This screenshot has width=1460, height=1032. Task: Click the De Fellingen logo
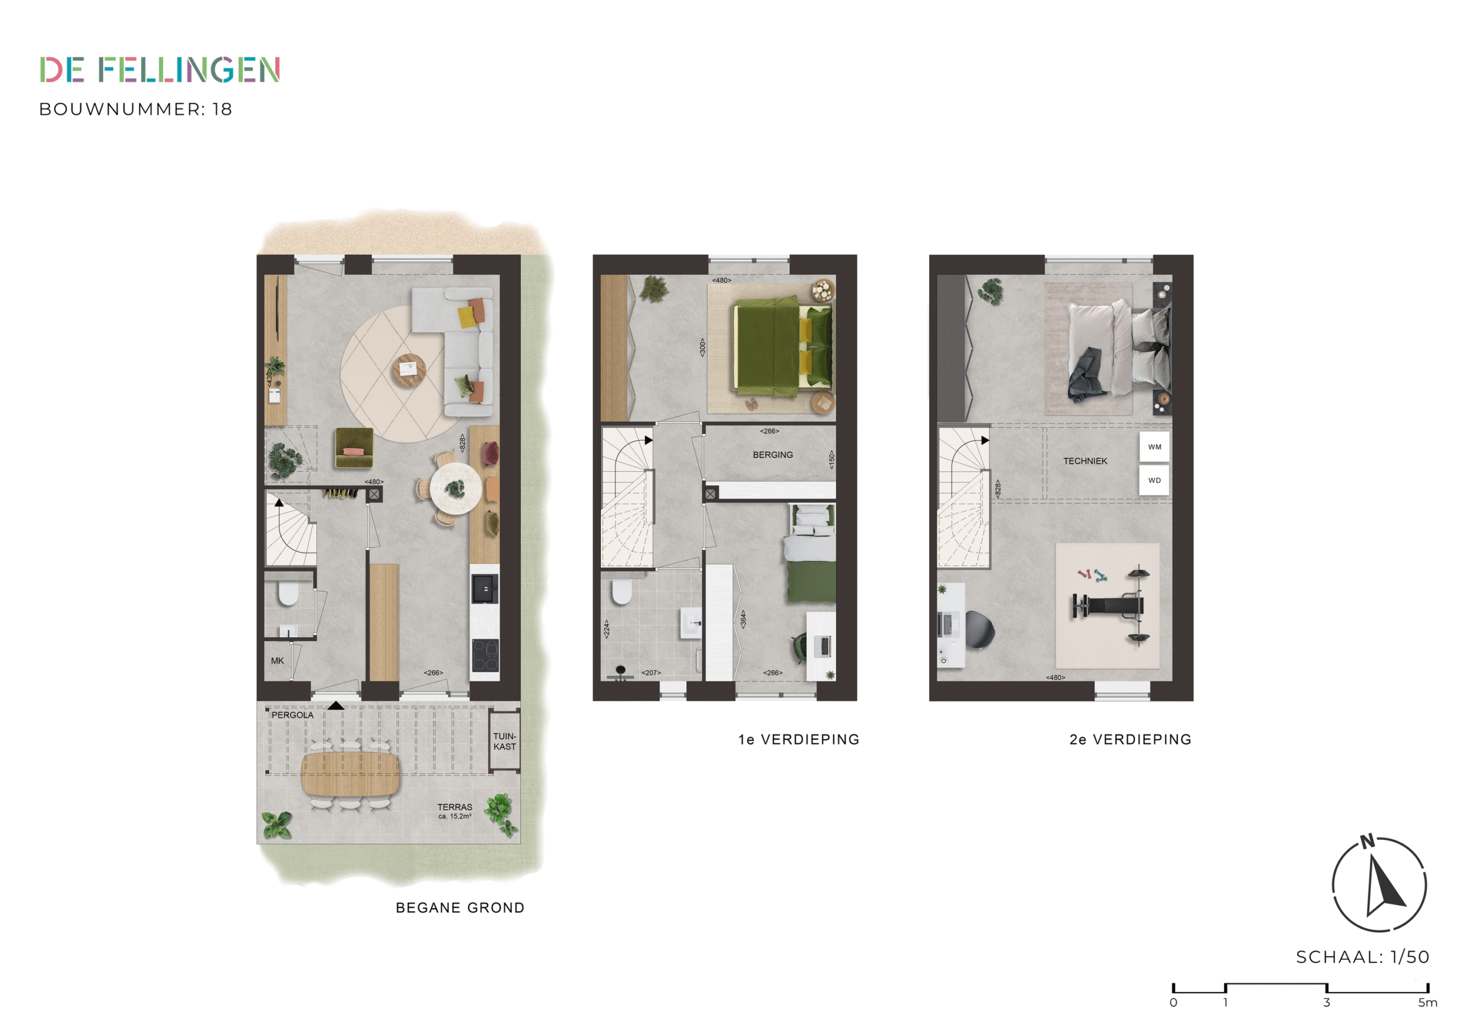coord(160,70)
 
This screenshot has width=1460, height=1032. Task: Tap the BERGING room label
coord(773,454)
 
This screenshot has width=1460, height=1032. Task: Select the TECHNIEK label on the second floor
coord(1085,461)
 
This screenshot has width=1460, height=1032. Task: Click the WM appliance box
coord(1154,447)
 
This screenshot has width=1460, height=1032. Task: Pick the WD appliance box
coord(1154,481)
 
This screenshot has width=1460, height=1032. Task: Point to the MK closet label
coord(277,661)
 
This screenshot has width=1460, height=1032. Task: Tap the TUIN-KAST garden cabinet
coord(505,741)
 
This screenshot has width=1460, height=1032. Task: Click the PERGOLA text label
coord(293,715)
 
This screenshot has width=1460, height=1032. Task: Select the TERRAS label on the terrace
coord(455,807)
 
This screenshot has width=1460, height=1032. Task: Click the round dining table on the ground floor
coord(455,488)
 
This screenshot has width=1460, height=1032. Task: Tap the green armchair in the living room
coord(354,448)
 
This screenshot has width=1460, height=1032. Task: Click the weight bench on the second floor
coord(1107,607)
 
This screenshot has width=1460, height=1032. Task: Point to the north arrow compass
coord(1379,884)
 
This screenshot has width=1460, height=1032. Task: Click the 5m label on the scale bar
coord(1427,1002)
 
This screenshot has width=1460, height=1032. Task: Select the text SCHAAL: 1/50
coord(1362,957)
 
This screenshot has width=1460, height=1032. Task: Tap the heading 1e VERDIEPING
coord(798,740)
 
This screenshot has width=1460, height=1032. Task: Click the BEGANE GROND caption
coord(460,908)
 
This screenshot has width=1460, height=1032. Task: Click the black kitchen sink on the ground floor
coord(485,588)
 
